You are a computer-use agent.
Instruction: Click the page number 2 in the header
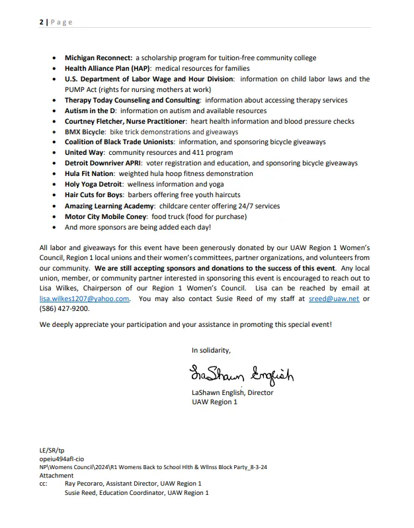[40, 22]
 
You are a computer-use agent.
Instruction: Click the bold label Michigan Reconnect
[99, 58]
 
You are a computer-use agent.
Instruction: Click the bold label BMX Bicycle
[85, 132]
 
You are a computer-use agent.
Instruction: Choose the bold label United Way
[84, 153]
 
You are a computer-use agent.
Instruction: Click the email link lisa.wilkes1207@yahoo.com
[84, 299]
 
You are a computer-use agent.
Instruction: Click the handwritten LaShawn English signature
[241, 374]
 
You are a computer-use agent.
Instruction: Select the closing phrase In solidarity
[211, 351]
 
